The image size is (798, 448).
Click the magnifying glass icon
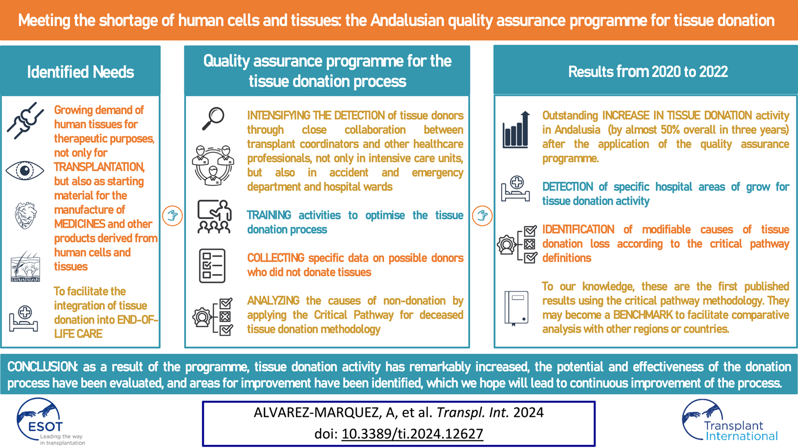tap(213, 119)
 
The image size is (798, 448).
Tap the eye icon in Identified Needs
tap(25, 171)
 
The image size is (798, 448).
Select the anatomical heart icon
tap(26, 215)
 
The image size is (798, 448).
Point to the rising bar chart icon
tap(516, 129)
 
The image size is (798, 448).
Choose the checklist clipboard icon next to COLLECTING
tap(212, 266)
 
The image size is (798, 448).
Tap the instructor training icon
tap(214, 217)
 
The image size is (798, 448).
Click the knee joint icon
tap(25, 121)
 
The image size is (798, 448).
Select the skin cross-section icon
tap(25, 266)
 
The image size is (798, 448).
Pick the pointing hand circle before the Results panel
tap(482, 215)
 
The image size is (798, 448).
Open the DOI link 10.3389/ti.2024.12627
tap(413, 434)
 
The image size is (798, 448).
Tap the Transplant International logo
tap(730, 421)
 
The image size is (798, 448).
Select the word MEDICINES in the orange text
tap(79, 224)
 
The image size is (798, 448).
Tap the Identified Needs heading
tap(81, 72)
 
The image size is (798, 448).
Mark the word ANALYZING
tap(273, 301)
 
